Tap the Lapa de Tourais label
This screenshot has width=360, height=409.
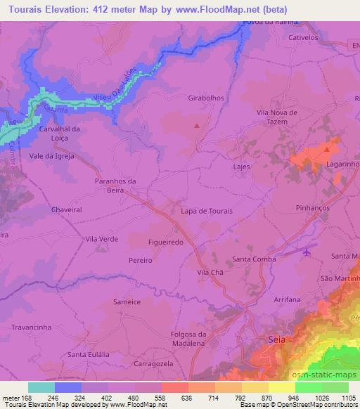click(207, 211)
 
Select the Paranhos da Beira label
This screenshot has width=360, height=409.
click(114, 185)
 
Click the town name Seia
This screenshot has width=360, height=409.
click(277, 339)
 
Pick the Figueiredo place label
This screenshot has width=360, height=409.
click(166, 241)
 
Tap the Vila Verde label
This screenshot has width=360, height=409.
click(101, 239)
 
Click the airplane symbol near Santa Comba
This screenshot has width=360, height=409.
click(306, 251)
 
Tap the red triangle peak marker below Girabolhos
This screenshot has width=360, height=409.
click(197, 126)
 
